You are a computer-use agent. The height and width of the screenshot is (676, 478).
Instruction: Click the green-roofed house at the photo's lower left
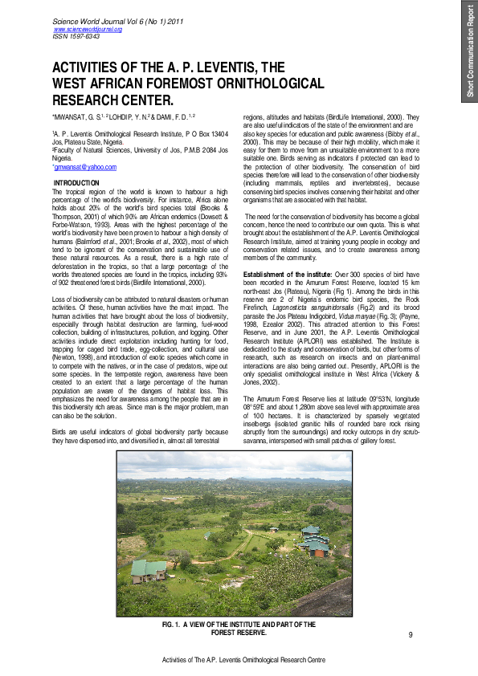click(x=149, y=571)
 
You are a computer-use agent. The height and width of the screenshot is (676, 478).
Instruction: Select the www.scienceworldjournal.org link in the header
click(x=87, y=29)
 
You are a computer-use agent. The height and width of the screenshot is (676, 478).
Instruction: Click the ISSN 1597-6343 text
click(x=76, y=36)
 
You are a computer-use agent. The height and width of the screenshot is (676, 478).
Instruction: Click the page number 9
click(x=410, y=636)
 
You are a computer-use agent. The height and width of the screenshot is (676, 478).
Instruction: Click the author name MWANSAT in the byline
click(x=74, y=117)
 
